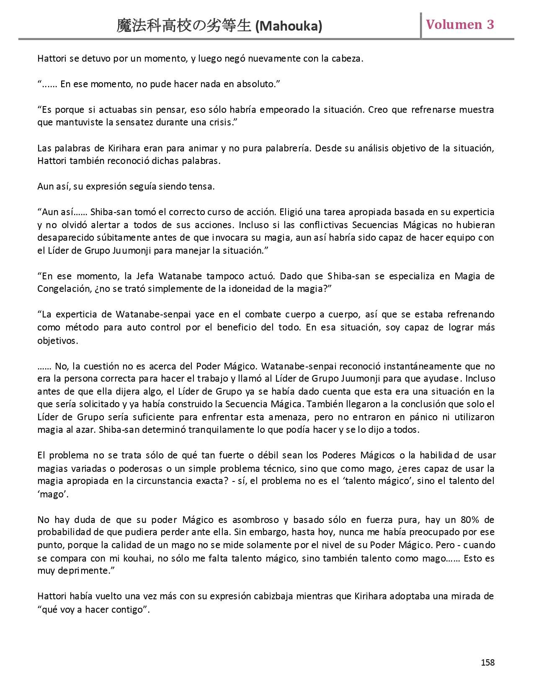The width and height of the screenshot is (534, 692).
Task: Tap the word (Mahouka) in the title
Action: (x=289, y=26)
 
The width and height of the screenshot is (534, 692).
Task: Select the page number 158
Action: (x=488, y=662)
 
